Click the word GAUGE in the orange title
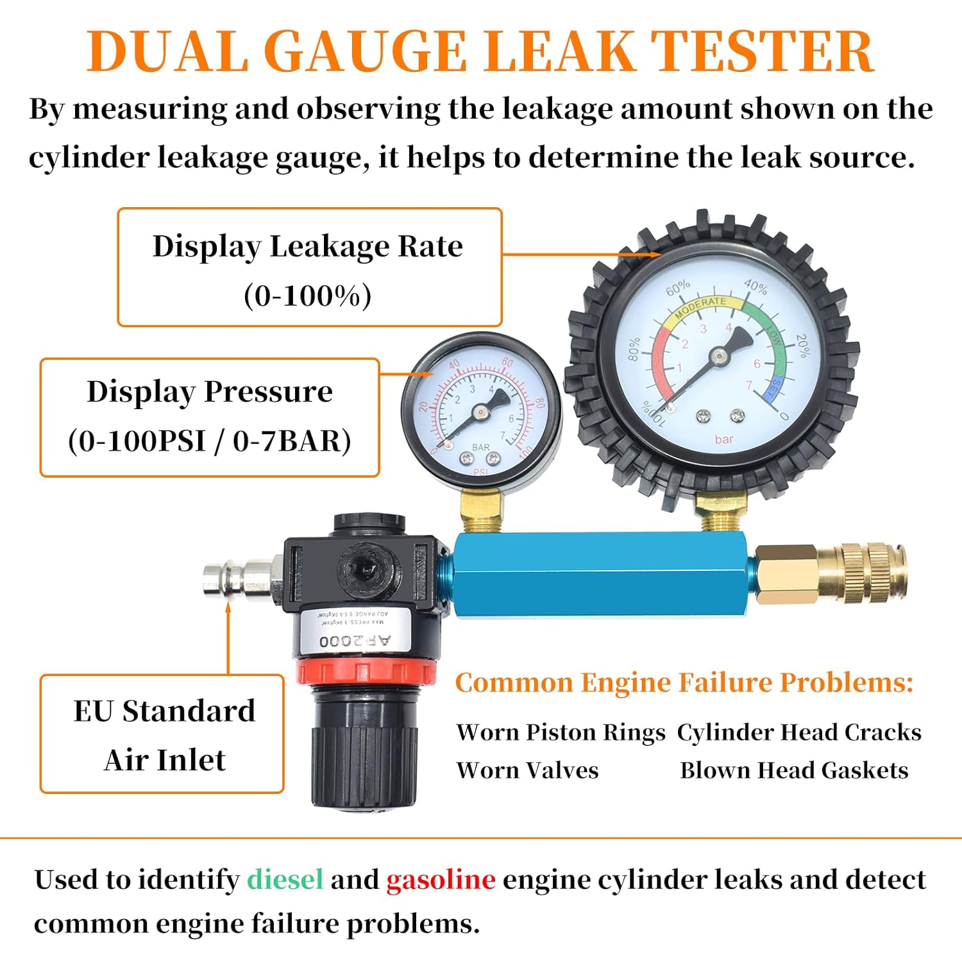(x=366, y=51)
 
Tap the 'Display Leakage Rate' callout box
(x=309, y=267)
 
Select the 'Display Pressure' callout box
(x=210, y=418)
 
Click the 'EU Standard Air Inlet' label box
(x=162, y=734)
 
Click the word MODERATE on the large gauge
(x=700, y=305)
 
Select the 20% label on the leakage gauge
(x=802, y=345)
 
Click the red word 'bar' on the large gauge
(x=723, y=439)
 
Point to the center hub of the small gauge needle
(x=480, y=412)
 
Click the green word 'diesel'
(x=285, y=879)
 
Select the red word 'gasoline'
(x=441, y=879)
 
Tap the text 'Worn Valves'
(x=527, y=770)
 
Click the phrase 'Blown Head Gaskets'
(x=794, y=770)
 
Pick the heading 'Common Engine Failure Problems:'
(x=684, y=682)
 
